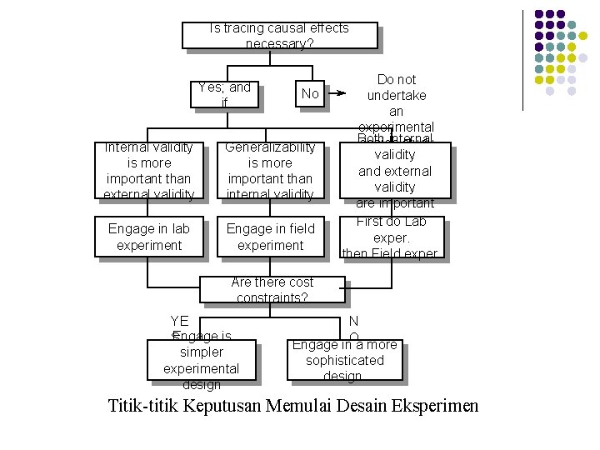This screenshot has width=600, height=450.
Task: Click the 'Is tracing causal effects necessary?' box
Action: point(280,36)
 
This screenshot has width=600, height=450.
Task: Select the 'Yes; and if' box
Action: point(224,94)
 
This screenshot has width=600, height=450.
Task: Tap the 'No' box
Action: point(310,94)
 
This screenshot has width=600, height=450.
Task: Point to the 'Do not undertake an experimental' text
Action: point(397,102)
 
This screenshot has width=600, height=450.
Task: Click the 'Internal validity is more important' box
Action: point(149,171)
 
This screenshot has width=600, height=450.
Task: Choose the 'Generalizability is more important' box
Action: point(270,171)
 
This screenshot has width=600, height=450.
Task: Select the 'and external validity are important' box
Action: point(395,171)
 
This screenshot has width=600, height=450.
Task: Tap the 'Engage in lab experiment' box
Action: point(149,237)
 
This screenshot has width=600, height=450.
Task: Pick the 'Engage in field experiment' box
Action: point(270,237)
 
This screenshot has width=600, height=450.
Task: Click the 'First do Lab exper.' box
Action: point(391,237)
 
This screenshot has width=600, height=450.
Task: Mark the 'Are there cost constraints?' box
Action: point(272,290)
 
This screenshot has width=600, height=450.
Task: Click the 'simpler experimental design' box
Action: point(201,361)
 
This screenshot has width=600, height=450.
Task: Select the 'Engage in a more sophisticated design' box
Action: point(344,360)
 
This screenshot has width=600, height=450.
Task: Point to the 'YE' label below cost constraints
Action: point(179,322)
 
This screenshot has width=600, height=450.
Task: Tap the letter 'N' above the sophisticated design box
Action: point(354,322)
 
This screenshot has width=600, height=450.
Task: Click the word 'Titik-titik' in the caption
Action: point(145,407)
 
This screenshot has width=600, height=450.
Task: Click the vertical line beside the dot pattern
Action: point(522,58)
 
